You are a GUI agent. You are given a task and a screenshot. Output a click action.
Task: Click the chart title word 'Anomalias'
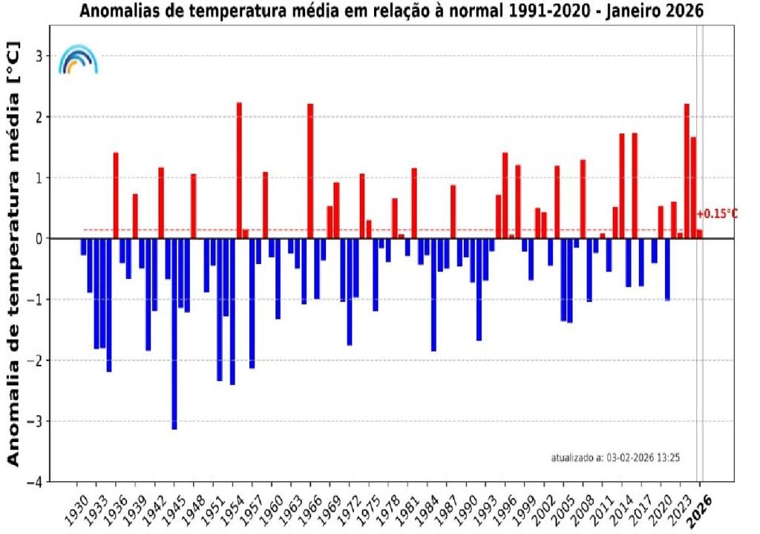point(117,12)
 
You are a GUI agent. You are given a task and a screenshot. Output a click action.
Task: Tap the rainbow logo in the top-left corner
point(78,59)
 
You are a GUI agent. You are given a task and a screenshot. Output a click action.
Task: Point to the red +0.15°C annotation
point(717,214)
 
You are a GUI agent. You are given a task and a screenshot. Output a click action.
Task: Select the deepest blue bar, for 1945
point(174,333)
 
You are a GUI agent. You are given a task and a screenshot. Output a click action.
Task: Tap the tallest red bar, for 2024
point(687,171)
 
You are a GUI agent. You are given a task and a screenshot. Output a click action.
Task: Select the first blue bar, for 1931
point(84,247)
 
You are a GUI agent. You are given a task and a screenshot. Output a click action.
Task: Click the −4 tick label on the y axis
point(37,481)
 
